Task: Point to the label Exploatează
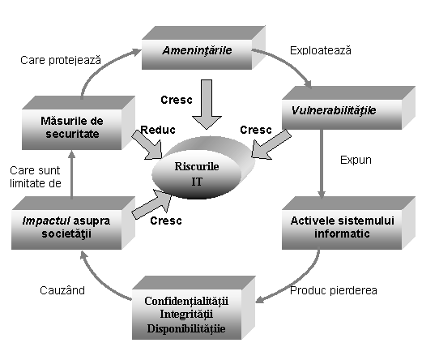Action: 321,50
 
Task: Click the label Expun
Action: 356,160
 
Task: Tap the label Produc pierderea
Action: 334,290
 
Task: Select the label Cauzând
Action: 62,290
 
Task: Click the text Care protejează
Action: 61,60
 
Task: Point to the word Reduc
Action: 158,130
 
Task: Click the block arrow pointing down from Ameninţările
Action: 207,104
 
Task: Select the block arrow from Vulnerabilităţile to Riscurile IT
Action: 271,144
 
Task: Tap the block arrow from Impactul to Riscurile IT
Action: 152,204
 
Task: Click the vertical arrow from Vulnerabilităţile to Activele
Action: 322,165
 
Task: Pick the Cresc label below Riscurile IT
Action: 166,221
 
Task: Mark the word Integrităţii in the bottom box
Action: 186,315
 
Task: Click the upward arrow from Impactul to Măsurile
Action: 71,175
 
